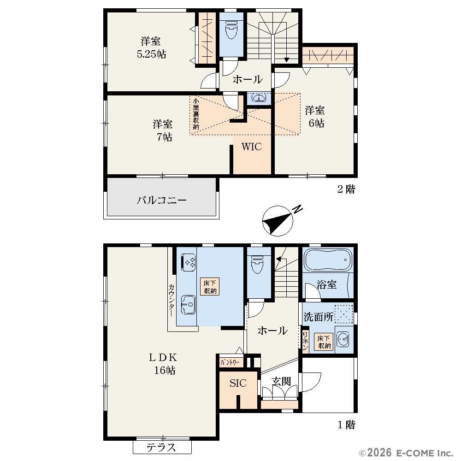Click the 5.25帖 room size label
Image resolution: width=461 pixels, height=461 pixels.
[151, 54]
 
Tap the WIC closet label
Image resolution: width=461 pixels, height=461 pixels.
[252, 147]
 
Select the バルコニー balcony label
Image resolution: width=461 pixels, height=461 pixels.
[162, 200]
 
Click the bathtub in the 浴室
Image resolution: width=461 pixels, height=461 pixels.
[328, 260]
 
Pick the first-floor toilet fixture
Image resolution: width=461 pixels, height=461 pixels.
[258, 264]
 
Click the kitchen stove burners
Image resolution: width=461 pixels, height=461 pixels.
[189, 262]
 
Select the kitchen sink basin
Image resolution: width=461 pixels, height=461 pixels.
[189, 304]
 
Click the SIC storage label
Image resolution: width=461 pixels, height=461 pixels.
[238, 383]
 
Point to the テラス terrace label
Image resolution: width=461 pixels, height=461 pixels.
[161, 448]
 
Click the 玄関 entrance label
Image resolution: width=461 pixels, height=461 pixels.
[281, 381]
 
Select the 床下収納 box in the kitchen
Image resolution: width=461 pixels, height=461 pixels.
[210, 287]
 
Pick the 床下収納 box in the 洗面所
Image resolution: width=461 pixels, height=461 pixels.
[324, 342]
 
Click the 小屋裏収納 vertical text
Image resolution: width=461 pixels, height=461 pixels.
[196, 113]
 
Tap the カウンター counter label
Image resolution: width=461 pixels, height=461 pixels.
[171, 300]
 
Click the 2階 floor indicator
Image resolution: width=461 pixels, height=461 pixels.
[346, 189]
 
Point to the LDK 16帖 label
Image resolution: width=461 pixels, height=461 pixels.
[164, 364]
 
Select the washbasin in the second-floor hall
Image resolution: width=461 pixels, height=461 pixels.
[259, 98]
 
